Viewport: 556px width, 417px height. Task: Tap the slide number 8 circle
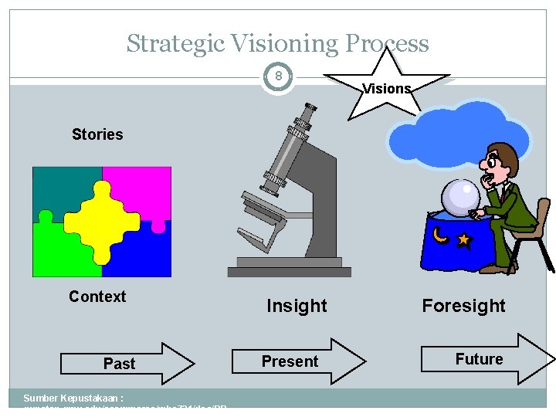coord(278,77)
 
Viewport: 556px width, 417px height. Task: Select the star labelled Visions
coord(386,85)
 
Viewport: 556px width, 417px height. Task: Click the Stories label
coord(97,134)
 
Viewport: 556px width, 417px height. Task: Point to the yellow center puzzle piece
coord(101,221)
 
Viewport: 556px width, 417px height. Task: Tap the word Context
coord(97,297)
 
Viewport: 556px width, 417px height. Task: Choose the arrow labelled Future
coord(486,359)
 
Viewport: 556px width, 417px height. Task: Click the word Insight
coord(297,306)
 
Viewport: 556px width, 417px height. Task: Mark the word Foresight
coord(463,306)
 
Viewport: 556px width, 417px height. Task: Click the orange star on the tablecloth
coord(463,240)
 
